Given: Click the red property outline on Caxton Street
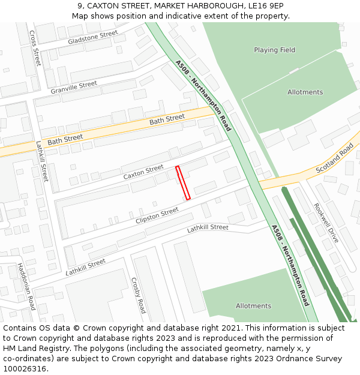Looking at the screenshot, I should (x=183, y=183).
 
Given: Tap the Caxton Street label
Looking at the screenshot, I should (x=143, y=172).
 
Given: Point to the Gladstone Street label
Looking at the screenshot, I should (x=93, y=38).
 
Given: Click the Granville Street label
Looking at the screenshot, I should (x=74, y=88).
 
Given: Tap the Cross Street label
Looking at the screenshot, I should (x=34, y=48).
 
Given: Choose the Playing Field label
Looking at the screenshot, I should (x=274, y=50).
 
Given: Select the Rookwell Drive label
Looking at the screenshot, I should (x=326, y=223).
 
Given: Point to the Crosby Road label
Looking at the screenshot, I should (x=138, y=295).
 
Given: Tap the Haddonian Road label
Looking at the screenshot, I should (x=26, y=286).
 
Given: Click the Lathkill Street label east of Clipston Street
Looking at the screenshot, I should (x=208, y=228).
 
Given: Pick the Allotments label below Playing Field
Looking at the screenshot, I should (x=305, y=92).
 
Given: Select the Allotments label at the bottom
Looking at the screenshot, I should (x=253, y=306).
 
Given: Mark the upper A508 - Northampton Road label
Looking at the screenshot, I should (x=203, y=95).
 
